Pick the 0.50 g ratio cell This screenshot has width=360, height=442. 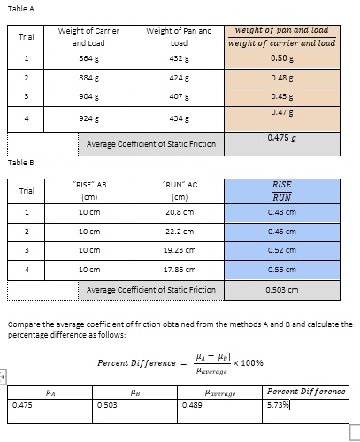(x=281, y=58)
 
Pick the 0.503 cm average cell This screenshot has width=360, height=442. (x=281, y=288)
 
